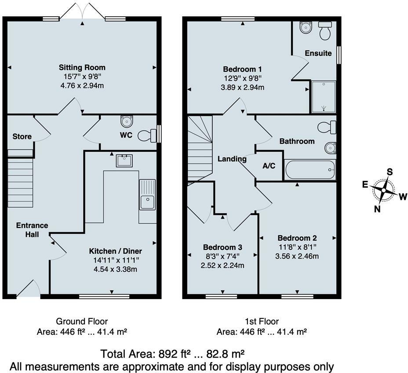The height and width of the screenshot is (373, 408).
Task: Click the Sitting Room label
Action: (x=82, y=68)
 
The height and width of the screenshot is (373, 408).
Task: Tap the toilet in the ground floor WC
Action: (x=146, y=135)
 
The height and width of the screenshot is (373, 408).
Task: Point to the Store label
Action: (x=22, y=137)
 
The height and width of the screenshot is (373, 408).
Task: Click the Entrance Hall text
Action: (x=32, y=230)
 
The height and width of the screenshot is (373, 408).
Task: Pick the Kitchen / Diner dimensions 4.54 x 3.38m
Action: (x=116, y=269)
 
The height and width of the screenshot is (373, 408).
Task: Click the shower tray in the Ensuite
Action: (x=323, y=96)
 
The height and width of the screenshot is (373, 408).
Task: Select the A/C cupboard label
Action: (x=269, y=166)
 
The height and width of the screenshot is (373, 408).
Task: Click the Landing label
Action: (x=232, y=159)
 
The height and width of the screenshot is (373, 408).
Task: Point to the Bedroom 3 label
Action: (x=222, y=248)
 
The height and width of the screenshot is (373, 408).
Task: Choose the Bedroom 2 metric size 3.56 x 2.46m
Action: (x=297, y=256)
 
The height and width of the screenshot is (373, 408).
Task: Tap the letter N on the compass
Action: (x=377, y=209)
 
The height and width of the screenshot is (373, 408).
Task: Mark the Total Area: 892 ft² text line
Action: (x=172, y=354)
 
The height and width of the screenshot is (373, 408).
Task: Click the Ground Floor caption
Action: (x=82, y=322)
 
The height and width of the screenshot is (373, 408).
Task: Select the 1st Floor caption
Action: (x=261, y=322)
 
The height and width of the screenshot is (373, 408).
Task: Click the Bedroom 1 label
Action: (x=243, y=69)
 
